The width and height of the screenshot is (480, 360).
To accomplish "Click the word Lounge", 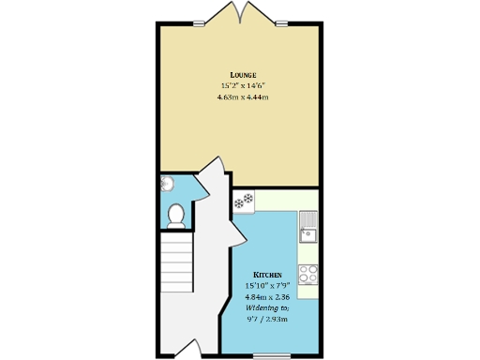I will pos(244,74).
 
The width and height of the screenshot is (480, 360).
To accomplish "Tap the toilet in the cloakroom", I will pos(174,216).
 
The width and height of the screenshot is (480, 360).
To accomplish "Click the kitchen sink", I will pos(308,226).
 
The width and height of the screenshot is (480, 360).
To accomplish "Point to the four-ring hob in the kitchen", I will pos(308,277).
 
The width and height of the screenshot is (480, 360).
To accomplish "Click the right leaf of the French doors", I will pos(254,13).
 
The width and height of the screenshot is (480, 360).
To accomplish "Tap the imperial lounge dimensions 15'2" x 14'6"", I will pos(244,85).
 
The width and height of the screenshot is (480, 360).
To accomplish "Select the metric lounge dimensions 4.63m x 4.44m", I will pos(244,97).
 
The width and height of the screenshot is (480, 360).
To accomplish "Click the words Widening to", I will pos(267,307).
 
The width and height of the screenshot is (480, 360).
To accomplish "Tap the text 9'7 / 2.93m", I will pos(267,319).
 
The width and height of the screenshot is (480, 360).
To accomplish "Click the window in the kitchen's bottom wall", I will pos(272,357).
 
